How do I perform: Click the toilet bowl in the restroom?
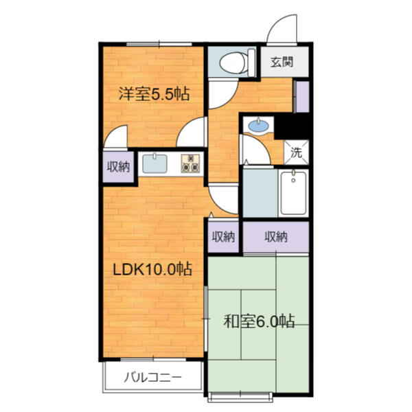[x=233, y=62]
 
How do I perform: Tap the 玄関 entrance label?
[x=282, y=62]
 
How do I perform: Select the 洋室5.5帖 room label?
[x=154, y=93]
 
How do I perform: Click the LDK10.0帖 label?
[x=152, y=268]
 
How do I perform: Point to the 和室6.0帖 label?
[x=259, y=321]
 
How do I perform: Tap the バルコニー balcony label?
[x=152, y=378]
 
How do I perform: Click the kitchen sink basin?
[x=154, y=163]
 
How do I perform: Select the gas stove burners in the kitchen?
[x=190, y=163]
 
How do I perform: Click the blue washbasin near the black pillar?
[x=259, y=126]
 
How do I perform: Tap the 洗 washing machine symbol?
[x=297, y=152]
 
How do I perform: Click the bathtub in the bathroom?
[x=293, y=193]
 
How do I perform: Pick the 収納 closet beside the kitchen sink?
[x=118, y=167]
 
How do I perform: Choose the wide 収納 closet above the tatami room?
[x=276, y=237]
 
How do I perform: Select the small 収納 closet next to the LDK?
[x=223, y=237]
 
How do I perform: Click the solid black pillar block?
[x=292, y=126]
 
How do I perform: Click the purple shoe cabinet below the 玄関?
[x=302, y=97]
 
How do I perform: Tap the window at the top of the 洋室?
[x=159, y=44]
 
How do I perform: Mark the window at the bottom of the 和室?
[x=240, y=398]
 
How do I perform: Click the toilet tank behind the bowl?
[x=251, y=62]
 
